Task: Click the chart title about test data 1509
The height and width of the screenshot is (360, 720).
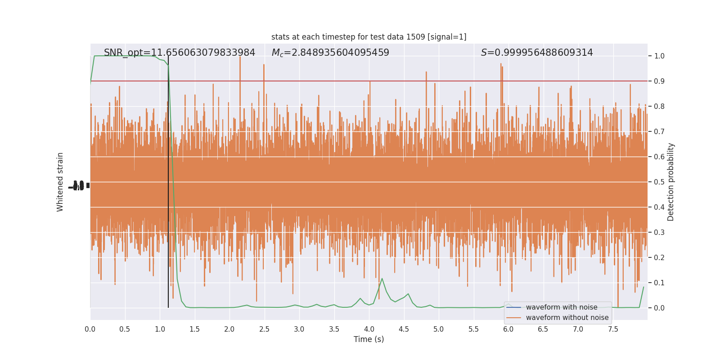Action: point(369,37)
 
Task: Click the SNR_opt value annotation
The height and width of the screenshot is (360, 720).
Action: point(180,53)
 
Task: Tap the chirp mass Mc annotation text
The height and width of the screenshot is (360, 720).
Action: point(330,53)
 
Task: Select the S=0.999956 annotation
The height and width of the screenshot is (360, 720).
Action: point(537,53)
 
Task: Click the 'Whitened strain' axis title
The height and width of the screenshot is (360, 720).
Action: point(60,182)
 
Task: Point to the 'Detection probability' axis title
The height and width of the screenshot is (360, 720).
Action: point(671,182)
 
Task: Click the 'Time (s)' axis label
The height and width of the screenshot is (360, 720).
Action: point(369,339)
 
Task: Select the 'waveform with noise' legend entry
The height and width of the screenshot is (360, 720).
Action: point(561,307)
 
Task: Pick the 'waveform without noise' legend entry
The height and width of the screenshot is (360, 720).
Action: point(567,318)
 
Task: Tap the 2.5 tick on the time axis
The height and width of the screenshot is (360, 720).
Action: point(264,329)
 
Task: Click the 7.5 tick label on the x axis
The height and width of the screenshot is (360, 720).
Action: point(613,329)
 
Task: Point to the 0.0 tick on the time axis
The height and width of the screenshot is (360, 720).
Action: point(90,329)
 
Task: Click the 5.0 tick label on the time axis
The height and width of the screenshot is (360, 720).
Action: point(439,329)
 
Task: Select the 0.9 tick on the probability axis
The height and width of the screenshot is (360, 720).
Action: point(659,81)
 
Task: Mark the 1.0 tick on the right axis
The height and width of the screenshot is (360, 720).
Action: point(659,56)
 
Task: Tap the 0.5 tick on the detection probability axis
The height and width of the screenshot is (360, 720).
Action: point(659,182)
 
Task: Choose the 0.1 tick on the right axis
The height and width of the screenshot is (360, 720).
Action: point(659,283)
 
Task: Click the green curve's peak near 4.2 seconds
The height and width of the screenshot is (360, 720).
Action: point(382,279)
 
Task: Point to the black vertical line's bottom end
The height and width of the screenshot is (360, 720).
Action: point(168,307)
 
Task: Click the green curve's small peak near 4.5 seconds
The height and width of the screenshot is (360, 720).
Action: point(408,294)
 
